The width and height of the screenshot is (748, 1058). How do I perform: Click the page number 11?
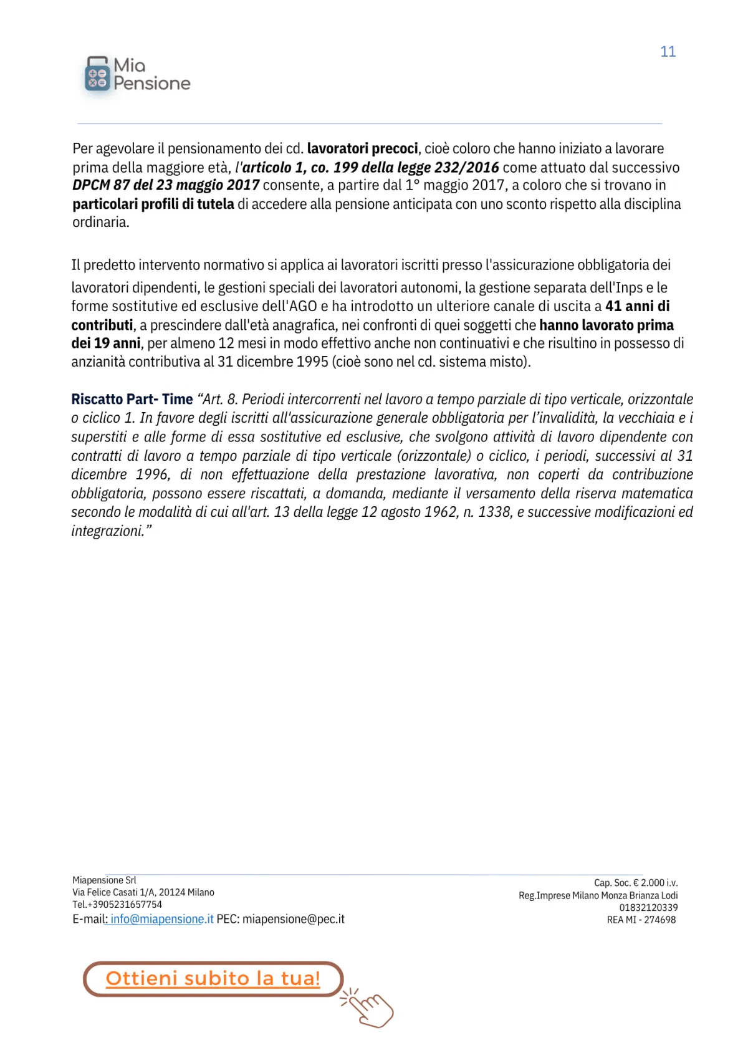[x=668, y=52]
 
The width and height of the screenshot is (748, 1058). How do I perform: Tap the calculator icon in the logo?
[x=97, y=75]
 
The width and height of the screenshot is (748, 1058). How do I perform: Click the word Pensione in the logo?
[x=151, y=84]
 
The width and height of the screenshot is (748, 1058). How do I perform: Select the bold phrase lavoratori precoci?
[x=362, y=148]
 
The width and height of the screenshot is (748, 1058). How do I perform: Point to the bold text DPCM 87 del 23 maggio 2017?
[x=166, y=185]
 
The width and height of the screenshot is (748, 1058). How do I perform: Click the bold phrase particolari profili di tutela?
[x=153, y=204]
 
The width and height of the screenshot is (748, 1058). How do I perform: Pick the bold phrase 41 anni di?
[x=637, y=306]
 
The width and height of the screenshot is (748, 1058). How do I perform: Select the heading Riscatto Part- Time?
[x=132, y=399]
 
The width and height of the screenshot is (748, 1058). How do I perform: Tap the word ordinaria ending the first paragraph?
[x=100, y=223]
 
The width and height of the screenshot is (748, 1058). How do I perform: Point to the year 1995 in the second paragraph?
[x=313, y=362]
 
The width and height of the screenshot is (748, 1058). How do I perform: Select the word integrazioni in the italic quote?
[x=108, y=531]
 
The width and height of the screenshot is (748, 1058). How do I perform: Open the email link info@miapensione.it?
[x=162, y=919]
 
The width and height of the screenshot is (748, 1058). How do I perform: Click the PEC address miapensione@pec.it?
[x=293, y=919]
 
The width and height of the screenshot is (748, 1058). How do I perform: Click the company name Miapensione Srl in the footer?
[x=104, y=880]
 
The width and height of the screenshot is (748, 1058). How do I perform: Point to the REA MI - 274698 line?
[x=641, y=920]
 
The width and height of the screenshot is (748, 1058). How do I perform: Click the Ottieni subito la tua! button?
[x=213, y=978]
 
